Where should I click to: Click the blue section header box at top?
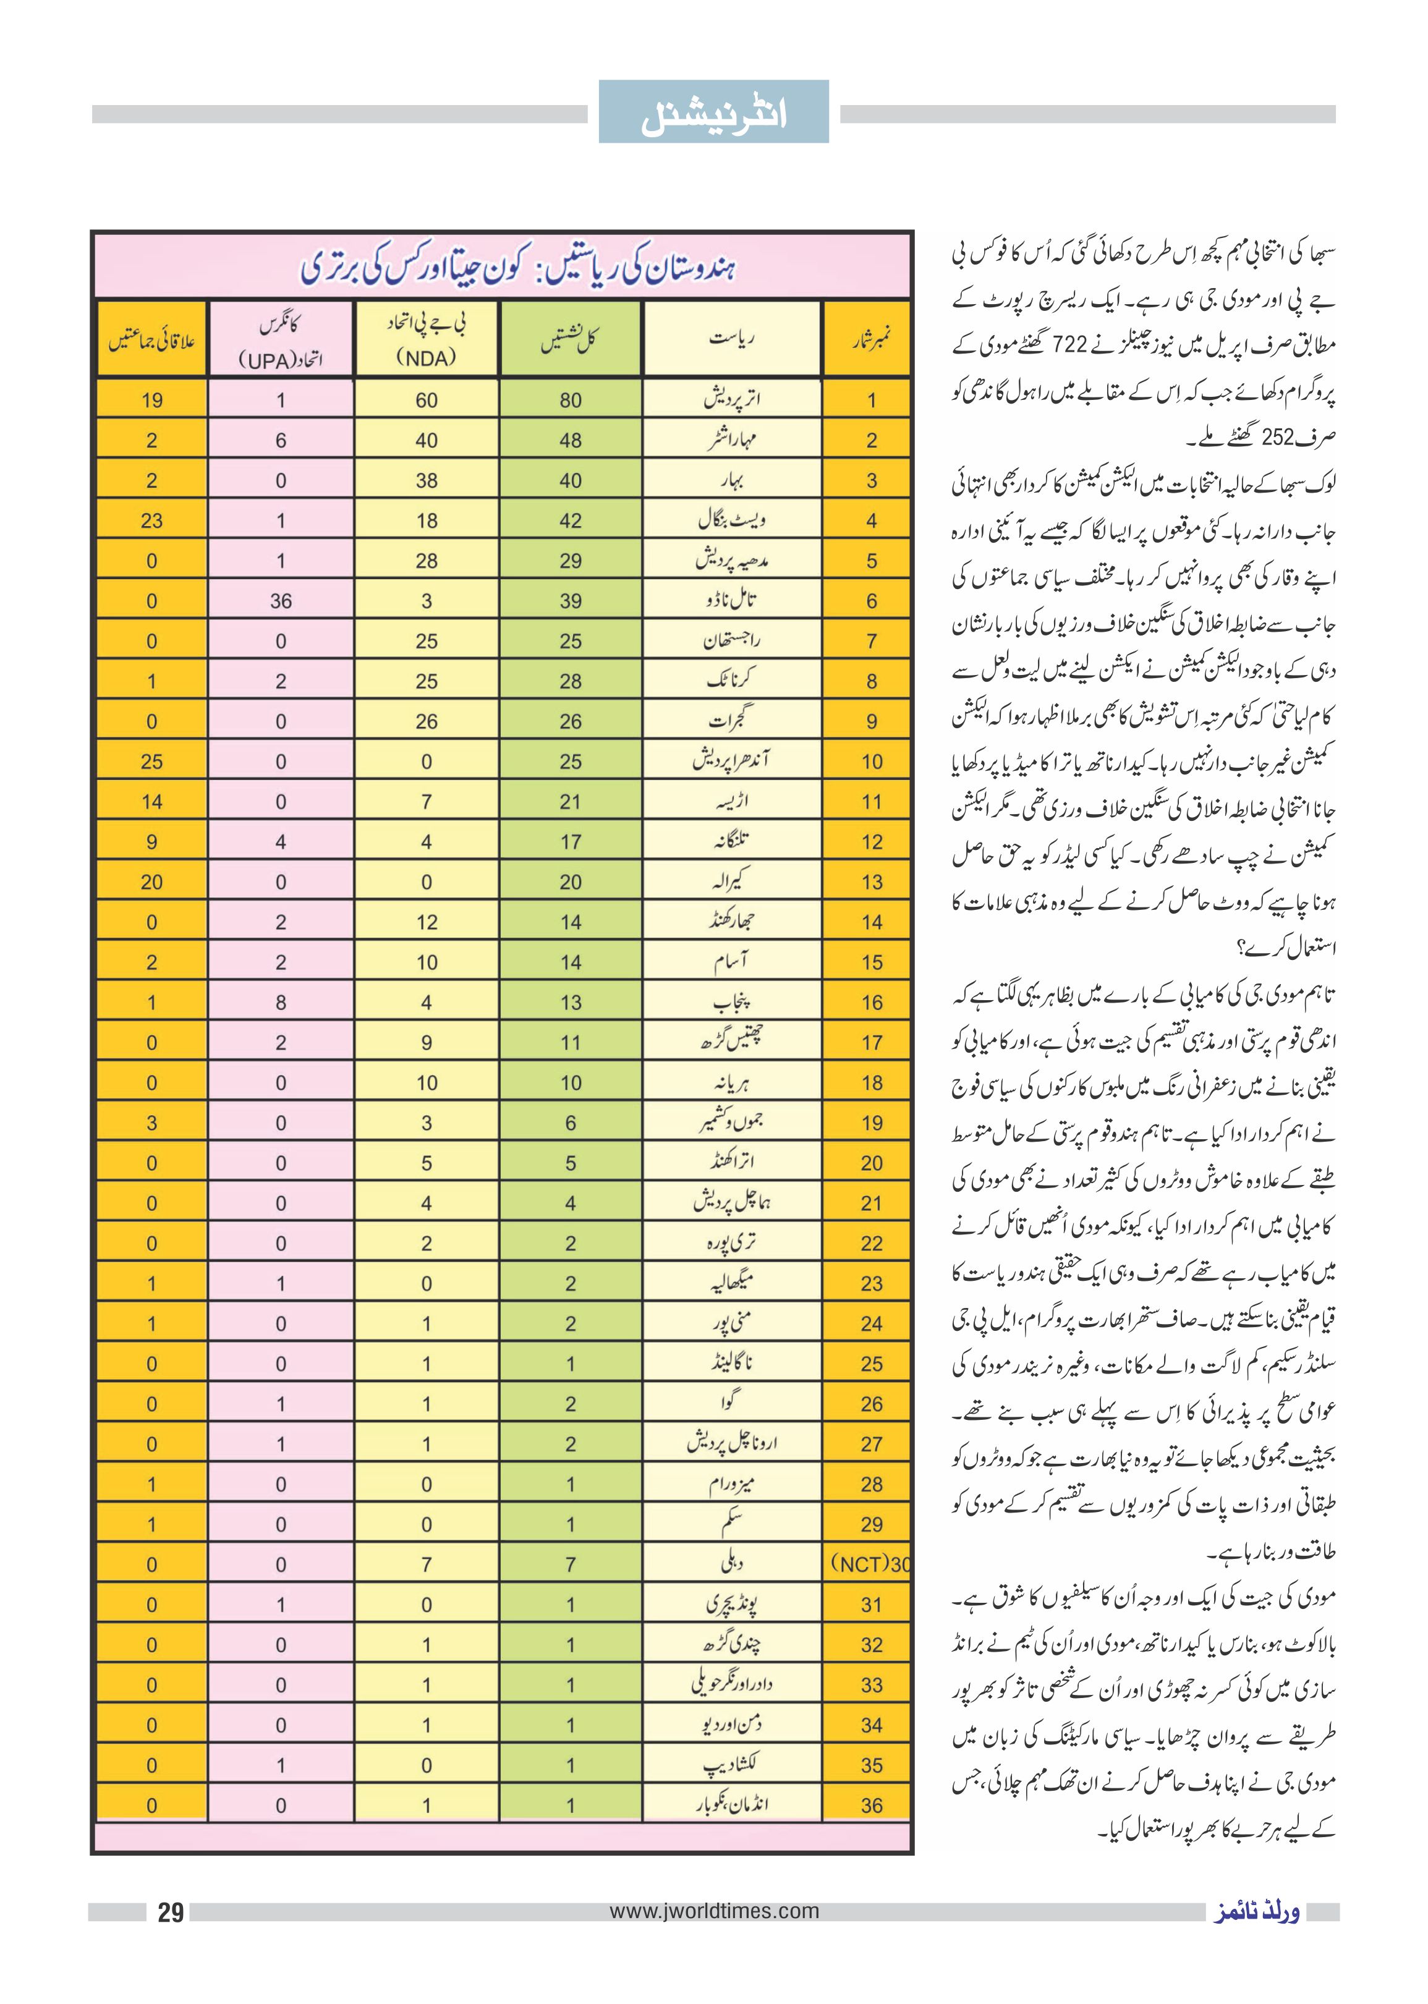pos(713,112)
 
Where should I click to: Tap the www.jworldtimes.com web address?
pos(714,1911)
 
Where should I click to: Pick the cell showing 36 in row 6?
pos(281,601)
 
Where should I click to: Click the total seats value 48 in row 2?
pos(571,441)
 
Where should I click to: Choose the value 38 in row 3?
pos(427,481)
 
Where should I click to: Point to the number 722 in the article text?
pos(1071,345)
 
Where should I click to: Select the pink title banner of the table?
pos(502,266)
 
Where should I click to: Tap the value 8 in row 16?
pos(281,1003)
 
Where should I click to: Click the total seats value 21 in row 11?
pos(571,802)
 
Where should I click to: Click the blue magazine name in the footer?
pos(1257,1913)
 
